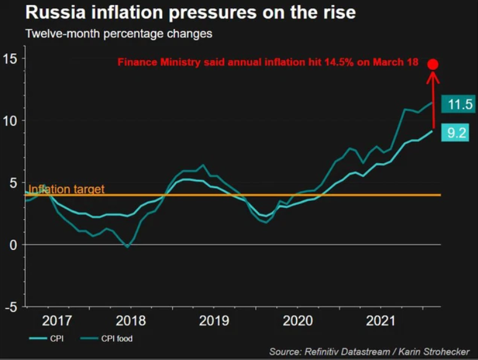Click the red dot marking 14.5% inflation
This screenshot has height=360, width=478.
pos(433,64)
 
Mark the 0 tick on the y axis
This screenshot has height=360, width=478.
pos(12,245)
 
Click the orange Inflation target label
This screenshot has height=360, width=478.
pos(67,189)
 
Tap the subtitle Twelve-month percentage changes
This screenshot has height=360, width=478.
pos(118,34)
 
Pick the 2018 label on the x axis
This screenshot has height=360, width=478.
pos(130,321)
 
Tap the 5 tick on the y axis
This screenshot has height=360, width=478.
pos(12,183)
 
